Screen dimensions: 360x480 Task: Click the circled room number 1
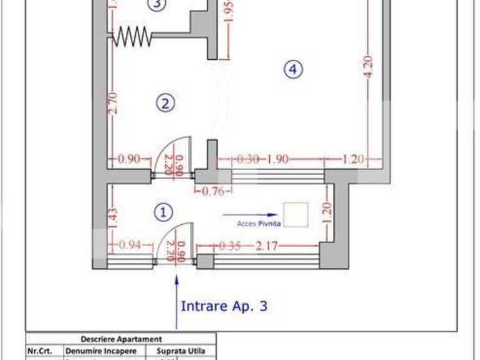163,212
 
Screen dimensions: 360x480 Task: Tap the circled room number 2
165,103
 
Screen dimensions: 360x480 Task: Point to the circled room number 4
293,69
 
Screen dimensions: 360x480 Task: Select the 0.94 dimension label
129,245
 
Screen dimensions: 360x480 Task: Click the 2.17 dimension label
267,245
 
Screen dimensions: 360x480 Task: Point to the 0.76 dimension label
213,192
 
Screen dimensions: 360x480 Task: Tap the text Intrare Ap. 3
224,306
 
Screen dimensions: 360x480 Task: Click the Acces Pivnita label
259,222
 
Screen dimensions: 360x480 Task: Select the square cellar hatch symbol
295,214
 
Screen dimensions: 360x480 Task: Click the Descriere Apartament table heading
122,339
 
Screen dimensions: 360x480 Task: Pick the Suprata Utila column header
181,351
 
